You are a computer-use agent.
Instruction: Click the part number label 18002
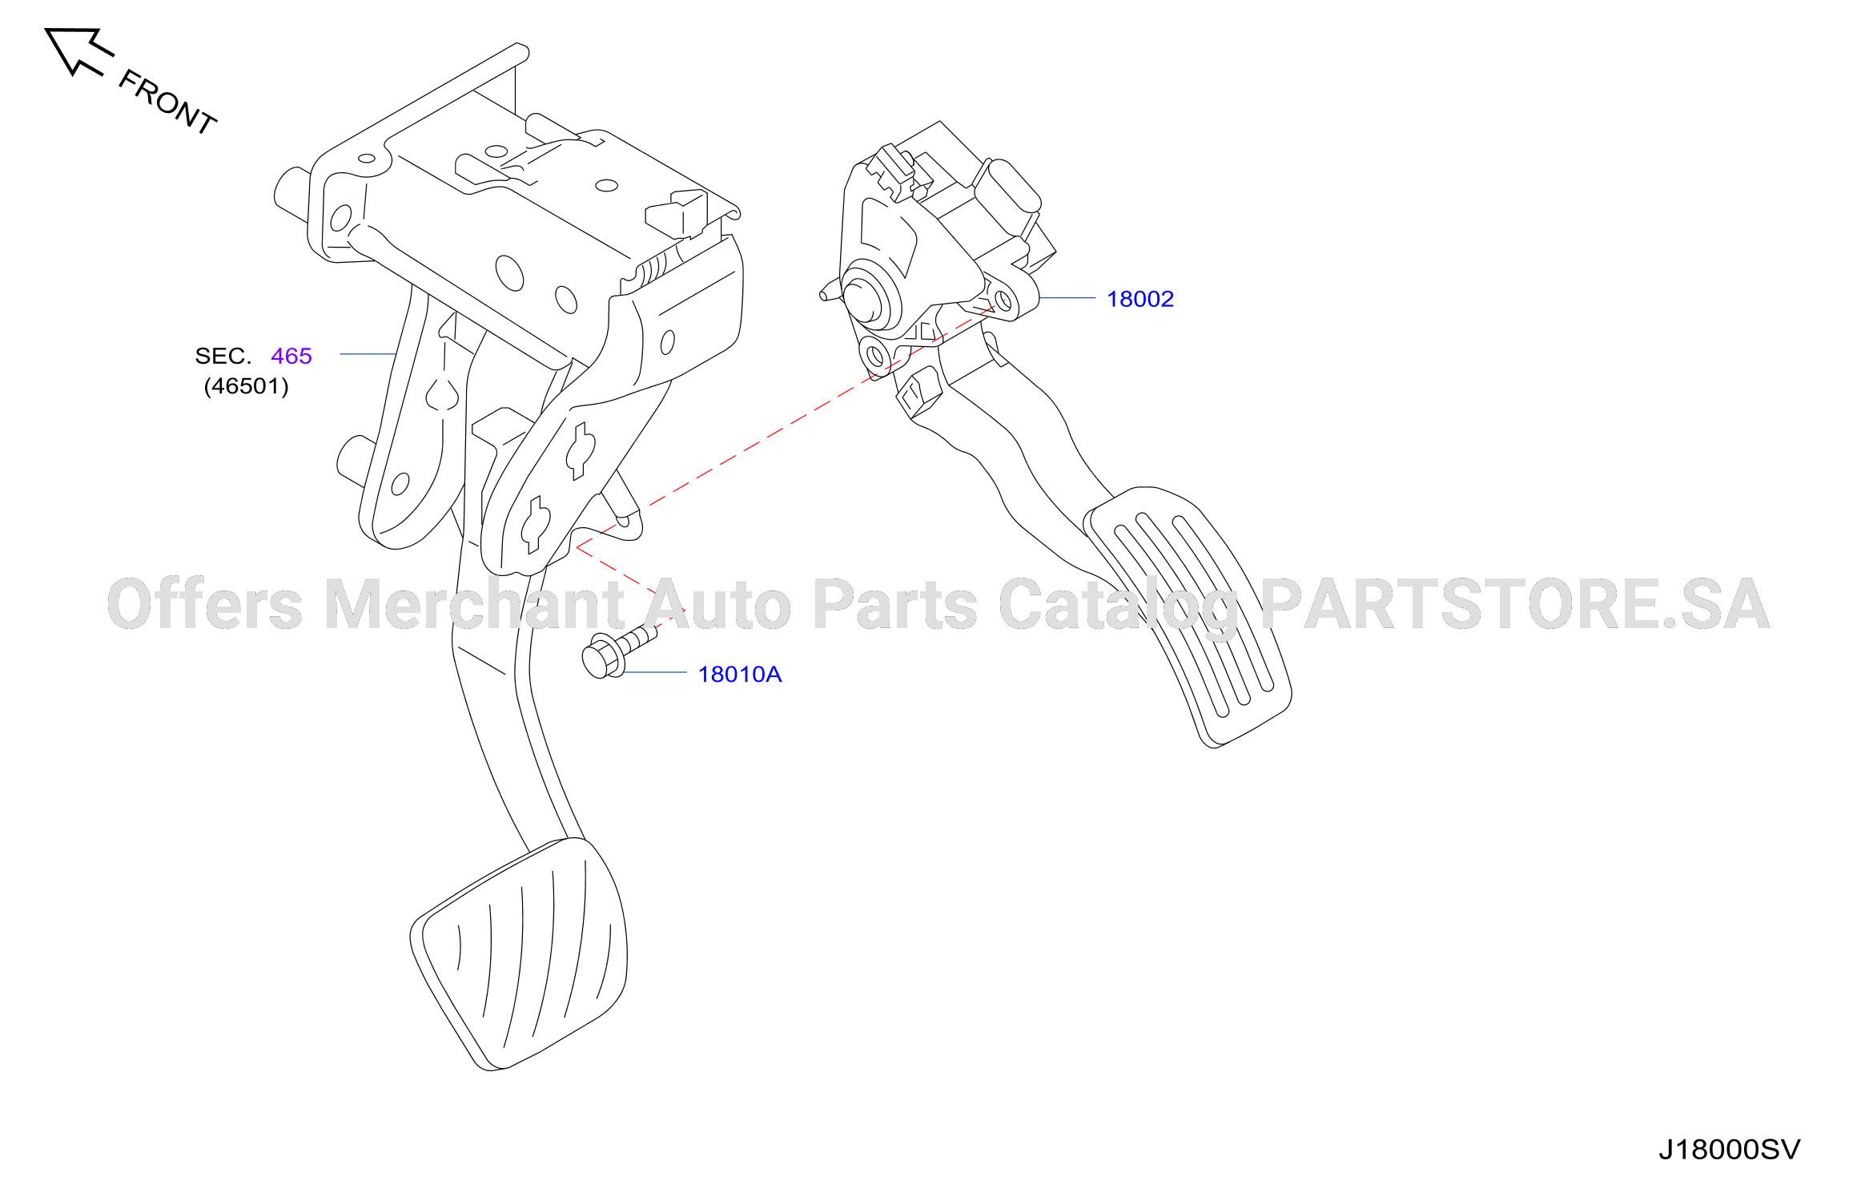[1139, 299]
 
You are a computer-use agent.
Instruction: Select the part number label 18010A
[739, 675]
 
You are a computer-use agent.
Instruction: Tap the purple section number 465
[291, 356]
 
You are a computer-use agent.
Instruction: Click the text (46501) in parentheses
[247, 386]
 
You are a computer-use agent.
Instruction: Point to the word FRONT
[167, 102]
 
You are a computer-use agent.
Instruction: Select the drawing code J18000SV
[1729, 1150]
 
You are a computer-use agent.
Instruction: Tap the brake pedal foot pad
[518, 954]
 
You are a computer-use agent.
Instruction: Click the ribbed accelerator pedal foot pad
[1188, 617]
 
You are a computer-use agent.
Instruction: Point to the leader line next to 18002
[1067, 298]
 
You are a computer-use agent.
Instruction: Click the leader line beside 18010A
[655, 672]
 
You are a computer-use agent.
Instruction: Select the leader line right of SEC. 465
[368, 354]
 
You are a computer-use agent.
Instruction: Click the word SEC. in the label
[223, 356]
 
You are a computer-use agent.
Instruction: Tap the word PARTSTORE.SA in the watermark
[1515, 604]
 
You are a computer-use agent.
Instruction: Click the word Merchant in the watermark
[474, 604]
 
